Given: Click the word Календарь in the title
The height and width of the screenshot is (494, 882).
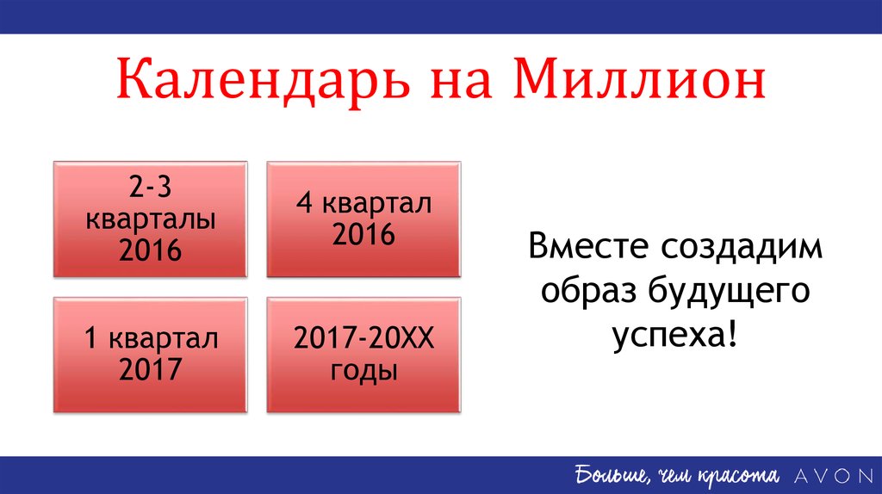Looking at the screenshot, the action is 264,80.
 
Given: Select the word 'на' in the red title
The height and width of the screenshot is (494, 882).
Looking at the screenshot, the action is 462,83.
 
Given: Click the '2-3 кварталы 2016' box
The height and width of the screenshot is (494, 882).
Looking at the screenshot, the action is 150,219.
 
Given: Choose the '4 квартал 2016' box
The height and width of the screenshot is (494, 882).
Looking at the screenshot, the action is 363,219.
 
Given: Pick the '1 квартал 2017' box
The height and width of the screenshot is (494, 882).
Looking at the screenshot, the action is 150,355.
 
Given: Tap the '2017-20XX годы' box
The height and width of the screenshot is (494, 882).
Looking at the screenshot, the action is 363,355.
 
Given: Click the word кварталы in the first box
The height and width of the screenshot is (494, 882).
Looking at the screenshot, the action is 150,220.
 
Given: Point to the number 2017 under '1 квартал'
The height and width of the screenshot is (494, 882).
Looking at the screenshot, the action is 150,369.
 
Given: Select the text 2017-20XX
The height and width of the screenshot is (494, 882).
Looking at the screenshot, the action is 364,338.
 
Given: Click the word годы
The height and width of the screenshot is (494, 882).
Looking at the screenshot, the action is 364,371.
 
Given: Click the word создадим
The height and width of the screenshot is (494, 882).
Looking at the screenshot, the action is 742,247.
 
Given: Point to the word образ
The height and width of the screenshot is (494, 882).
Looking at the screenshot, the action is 588,291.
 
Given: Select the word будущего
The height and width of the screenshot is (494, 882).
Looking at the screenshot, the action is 729,292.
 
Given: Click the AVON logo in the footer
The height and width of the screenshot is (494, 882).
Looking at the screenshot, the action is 834,476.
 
